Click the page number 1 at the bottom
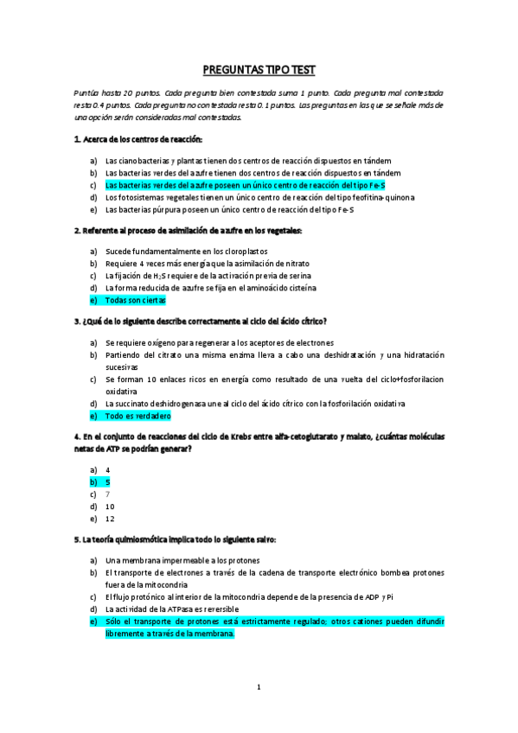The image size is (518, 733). coord(259,687)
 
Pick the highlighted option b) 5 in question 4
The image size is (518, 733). coord(107,481)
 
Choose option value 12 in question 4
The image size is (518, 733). coord(110,519)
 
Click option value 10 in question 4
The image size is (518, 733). coord(110,507)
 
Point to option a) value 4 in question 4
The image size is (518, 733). coord(107,469)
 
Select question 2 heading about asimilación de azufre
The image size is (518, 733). coord(189,230)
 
